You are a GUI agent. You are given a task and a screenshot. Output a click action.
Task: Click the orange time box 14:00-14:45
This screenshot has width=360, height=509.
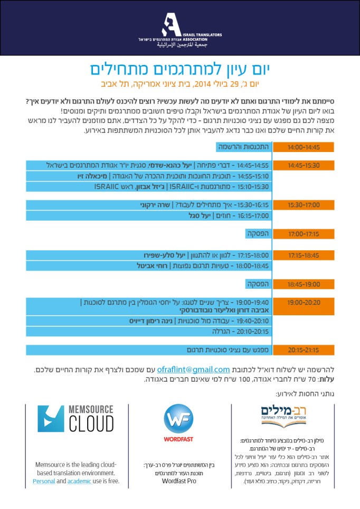304,147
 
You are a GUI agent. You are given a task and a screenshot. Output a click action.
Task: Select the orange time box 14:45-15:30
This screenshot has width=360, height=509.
304,165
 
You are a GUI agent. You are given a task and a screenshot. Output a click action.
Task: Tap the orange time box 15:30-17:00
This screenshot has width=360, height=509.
304,205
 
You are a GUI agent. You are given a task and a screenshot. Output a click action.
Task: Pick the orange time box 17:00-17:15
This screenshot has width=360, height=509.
304,233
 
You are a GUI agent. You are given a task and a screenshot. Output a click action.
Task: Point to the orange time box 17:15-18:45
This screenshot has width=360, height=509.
304,256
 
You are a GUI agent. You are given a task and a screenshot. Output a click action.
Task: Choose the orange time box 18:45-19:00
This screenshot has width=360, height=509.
304,284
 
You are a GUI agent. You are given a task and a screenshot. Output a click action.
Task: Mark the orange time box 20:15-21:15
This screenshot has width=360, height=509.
304,350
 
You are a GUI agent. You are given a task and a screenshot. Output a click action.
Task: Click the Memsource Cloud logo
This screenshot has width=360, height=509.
75,419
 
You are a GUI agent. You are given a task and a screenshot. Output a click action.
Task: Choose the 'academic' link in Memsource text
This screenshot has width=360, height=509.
80,482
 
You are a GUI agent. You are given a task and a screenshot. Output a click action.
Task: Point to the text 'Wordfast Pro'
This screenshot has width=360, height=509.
179,482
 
